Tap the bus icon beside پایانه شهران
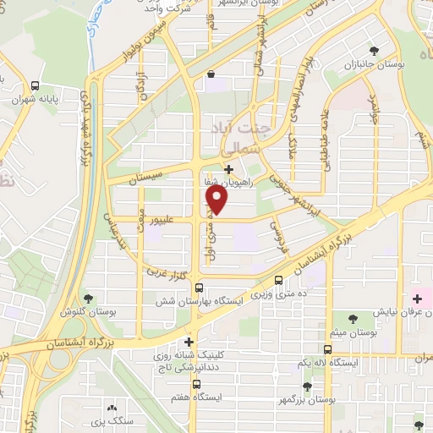pyautogui.click(x=35, y=85)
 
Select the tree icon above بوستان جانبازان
pyautogui.click(x=350, y=51)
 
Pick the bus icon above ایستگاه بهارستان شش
pyautogui.click(x=199, y=287)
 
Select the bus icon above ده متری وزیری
pyautogui.click(x=280, y=281)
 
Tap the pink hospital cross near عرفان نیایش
pyautogui.click(x=417, y=299)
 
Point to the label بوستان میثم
pyautogui.click(x=353, y=332)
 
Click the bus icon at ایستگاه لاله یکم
pyautogui.click(x=328, y=348)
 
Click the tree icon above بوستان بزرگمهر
pyautogui.click(x=307, y=386)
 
